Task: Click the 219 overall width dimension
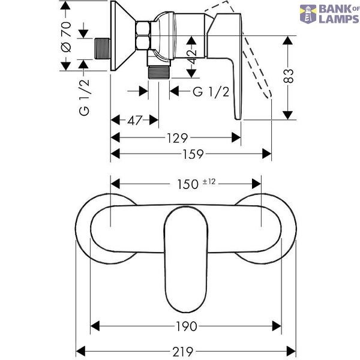(x=183, y=352)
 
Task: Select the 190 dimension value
(x=187, y=326)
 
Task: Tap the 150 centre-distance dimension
(x=188, y=184)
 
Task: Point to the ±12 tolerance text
(x=209, y=182)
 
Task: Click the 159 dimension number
(x=193, y=154)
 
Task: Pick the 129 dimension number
(x=177, y=138)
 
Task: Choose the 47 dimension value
(x=135, y=121)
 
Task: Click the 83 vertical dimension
(x=289, y=76)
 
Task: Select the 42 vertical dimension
(x=192, y=57)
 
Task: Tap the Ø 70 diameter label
(x=66, y=37)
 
